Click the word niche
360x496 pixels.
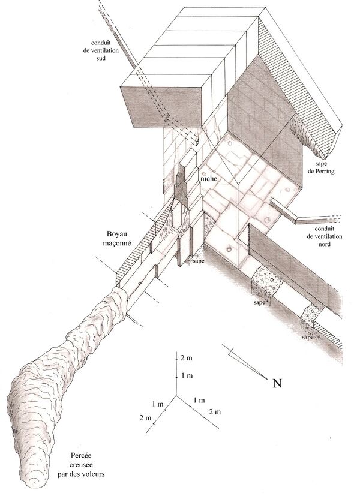(x=209, y=179)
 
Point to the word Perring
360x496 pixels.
(x=326, y=172)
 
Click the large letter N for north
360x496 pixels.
(x=277, y=383)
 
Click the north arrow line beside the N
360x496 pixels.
(x=244, y=361)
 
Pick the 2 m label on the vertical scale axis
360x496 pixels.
(x=187, y=359)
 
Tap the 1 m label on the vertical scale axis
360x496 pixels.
(x=187, y=376)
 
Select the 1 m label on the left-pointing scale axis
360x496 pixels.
(x=158, y=404)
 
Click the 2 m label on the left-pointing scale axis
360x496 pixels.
(x=146, y=418)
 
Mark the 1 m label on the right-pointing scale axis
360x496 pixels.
(x=199, y=401)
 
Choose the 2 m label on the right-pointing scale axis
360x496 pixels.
(x=215, y=412)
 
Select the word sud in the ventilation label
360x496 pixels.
(x=101, y=59)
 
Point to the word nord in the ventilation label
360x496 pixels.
(x=324, y=244)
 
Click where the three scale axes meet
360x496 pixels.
(x=176, y=395)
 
